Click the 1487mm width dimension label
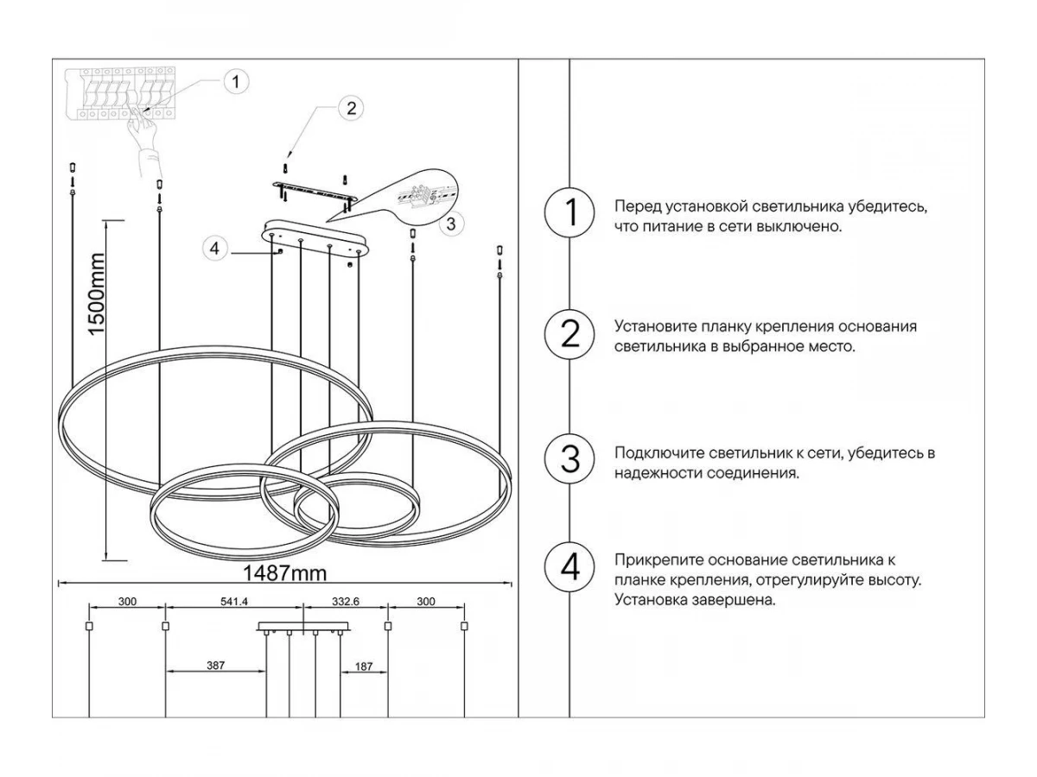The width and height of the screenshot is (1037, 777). point(284,573)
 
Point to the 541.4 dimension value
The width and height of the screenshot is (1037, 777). point(234,602)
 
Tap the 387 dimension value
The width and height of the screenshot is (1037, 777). point(216,666)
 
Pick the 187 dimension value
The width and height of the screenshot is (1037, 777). point(364,666)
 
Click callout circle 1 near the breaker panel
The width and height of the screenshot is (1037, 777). point(235,82)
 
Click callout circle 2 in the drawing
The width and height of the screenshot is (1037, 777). point(350,108)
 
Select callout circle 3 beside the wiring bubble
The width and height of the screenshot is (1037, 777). point(450,224)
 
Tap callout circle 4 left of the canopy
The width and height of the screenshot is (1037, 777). point(215,249)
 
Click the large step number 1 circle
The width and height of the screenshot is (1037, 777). point(569,213)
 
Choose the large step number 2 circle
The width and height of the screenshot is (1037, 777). point(569,333)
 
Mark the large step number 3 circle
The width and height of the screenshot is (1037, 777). point(569,458)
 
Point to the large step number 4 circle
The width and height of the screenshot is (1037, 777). point(569,568)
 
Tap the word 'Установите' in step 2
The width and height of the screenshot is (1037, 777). point(650,327)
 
